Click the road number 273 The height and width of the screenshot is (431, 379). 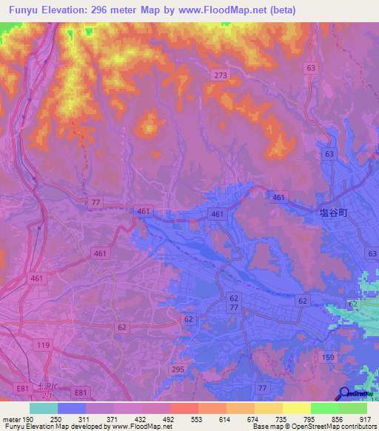(x=220, y=76)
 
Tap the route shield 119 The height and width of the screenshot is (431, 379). (x=22, y=345)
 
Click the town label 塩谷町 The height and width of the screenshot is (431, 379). (x=332, y=210)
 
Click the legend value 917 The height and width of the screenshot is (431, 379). (x=365, y=418)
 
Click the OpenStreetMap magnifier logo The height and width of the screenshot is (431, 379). (x=344, y=392)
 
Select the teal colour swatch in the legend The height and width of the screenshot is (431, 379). (x=44, y=408)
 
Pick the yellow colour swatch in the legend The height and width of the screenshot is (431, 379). (x=297, y=408)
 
